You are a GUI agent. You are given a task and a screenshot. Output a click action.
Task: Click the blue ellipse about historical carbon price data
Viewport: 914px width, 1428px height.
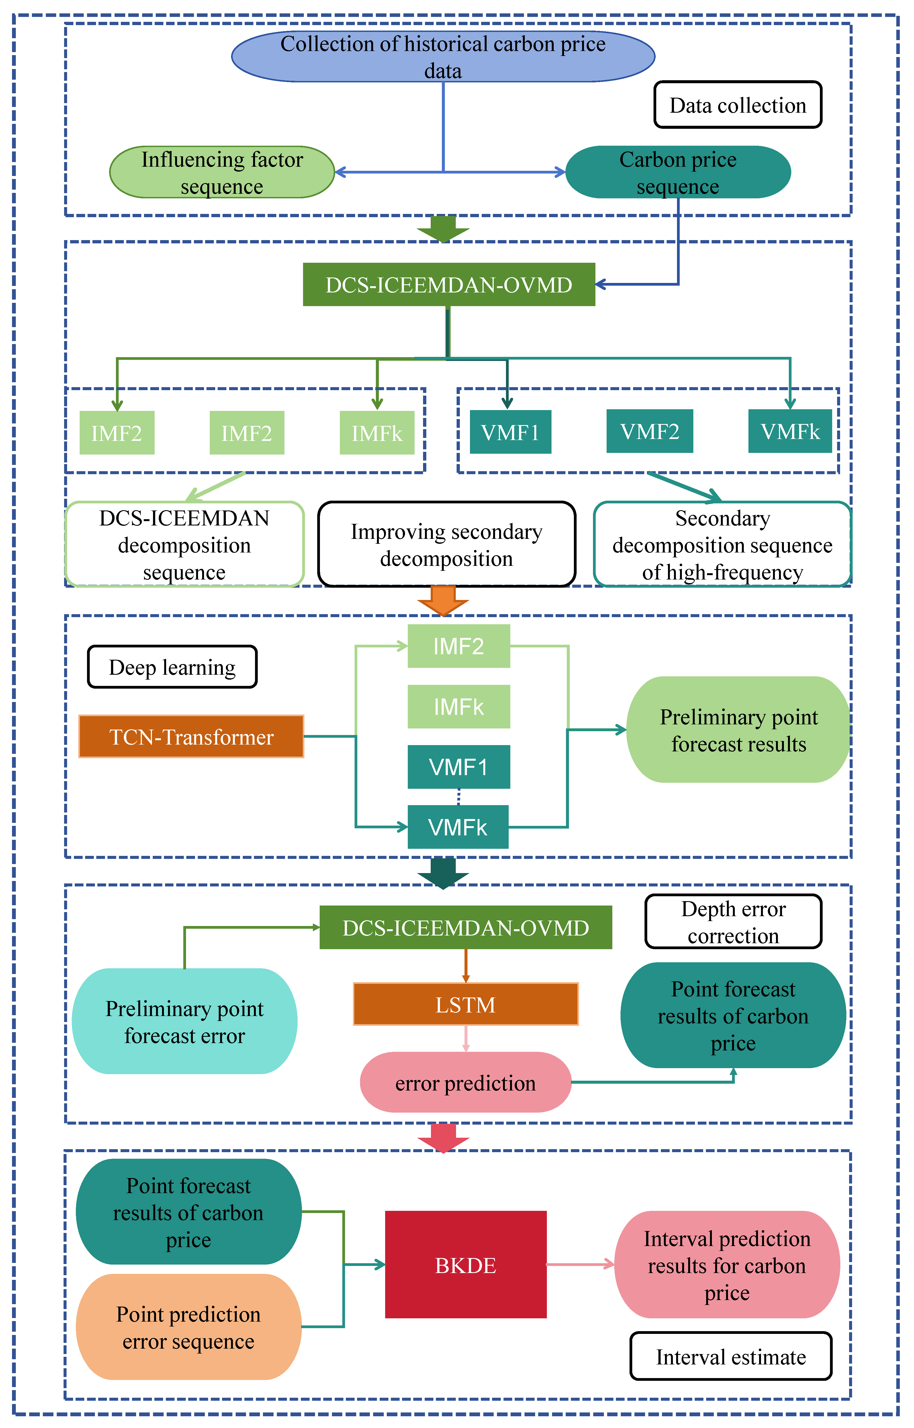[443, 56]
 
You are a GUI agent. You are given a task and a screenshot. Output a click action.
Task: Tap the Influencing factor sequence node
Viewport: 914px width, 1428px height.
[222, 172]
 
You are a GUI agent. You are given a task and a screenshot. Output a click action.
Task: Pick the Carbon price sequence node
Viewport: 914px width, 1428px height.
[678, 172]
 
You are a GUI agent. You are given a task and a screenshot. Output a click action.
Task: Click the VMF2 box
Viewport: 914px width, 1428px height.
[649, 432]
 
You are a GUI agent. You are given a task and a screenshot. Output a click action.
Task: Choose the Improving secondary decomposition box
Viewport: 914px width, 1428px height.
[446, 544]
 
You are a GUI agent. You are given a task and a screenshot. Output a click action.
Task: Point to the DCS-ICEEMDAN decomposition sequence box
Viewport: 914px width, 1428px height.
[185, 544]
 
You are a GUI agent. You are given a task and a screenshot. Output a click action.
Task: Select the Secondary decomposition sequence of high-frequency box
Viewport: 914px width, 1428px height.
[722, 544]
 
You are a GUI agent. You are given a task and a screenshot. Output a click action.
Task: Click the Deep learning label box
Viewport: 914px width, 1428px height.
[172, 667]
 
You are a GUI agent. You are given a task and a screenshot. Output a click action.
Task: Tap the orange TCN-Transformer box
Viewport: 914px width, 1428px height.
[191, 737]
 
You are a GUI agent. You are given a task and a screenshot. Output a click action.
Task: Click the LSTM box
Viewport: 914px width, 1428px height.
[465, 1004]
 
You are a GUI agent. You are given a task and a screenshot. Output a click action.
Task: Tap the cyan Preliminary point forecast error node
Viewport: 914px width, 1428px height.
[185, 1021]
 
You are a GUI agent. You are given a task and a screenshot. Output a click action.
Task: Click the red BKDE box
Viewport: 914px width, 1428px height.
[465, 1265]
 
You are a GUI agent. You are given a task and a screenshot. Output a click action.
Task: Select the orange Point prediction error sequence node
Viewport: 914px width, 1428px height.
[188, 1327]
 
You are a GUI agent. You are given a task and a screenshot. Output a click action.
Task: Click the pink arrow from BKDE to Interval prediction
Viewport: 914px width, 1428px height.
[579, 1264]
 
